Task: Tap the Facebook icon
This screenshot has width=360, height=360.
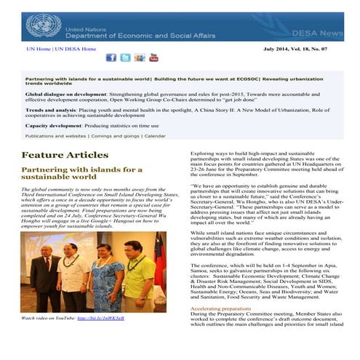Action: pyautogui.click(x=111, y=57)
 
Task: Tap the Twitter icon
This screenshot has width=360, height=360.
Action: pyautogui.click(x=125, y=57)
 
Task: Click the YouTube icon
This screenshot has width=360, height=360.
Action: pyautogui.click(x=153, y=57)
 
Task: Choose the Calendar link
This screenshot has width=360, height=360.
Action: pyautogui.click(x=155, y=136)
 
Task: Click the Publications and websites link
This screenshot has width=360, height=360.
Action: pyautogui.click(x=53, y=136)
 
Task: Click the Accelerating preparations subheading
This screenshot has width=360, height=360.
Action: pyautogui.click(x=220, y=308)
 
